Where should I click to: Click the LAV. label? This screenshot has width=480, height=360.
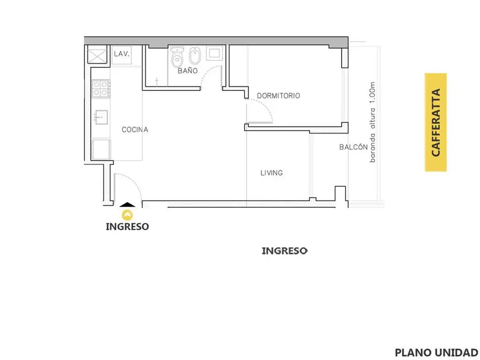(121, 54)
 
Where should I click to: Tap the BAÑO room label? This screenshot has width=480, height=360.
(187, 71)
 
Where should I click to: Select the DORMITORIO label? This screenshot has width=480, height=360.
(278, 96)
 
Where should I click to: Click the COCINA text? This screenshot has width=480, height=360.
(135, 129)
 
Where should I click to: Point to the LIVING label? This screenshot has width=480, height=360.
(271, 173)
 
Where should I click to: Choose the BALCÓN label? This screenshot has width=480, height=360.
(353, 147)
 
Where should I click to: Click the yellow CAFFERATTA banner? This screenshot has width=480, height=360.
(435, 122)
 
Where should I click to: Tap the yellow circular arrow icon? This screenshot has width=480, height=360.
(127, 215)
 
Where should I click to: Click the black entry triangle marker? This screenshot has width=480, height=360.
(127, 205)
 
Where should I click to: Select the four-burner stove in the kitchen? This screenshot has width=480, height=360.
(101, 88)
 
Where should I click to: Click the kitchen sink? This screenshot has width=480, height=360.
(101, 117)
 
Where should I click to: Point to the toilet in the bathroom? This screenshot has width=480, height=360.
(177, 57)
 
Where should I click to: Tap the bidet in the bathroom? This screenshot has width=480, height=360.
(195, 56)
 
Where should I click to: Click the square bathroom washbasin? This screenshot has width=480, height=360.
(214, 53)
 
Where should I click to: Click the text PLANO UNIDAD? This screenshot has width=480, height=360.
(436, 352)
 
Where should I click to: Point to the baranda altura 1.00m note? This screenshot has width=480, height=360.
(372, 122)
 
